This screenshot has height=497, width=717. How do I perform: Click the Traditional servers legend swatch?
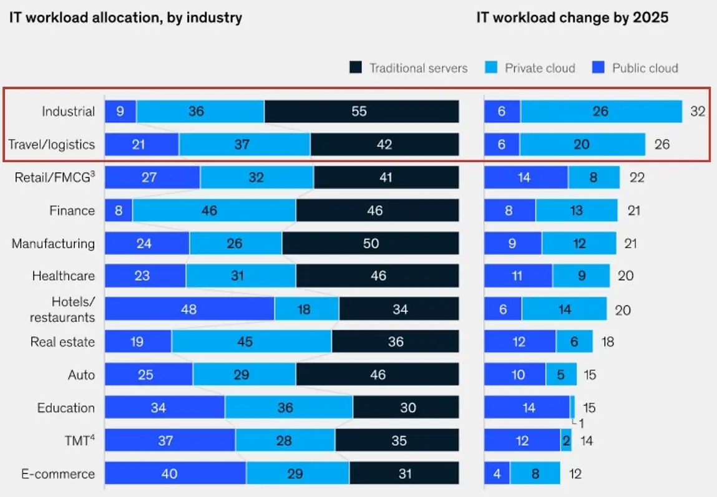point(356,68)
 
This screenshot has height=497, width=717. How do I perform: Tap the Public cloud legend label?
point(645,68)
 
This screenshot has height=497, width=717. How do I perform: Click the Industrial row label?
point(68,112)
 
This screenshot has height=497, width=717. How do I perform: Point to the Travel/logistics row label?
point(52,145)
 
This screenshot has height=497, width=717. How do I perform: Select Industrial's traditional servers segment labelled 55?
point(361,112)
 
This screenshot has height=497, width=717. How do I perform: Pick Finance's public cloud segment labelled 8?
point(119,211)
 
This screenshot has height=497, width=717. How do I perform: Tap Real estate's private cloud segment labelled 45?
point(251,342)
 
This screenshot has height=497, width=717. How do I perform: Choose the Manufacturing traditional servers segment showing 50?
point(371,243)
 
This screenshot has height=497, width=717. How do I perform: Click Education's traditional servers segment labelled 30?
point(406,408)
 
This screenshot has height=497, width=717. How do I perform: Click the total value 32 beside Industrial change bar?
point(697,112)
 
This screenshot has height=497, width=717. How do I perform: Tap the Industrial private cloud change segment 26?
point(601,112)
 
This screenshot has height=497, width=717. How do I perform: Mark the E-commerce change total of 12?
point(575,473)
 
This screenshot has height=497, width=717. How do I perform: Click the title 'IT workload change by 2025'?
point(572,17)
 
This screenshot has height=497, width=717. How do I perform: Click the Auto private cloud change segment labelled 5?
point(561,375)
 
